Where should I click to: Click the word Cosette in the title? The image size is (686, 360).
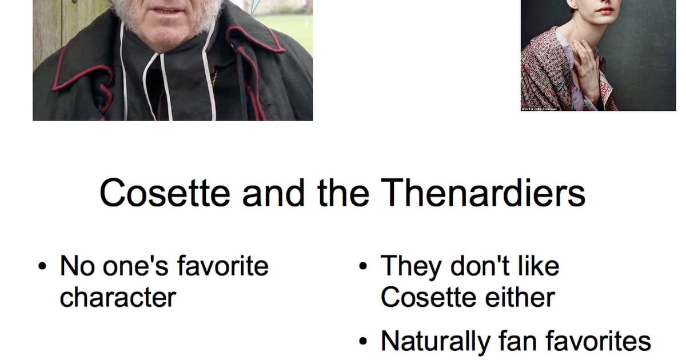coord(165,193)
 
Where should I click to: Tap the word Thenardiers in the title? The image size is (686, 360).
coord(483,193)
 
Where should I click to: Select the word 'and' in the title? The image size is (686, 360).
coord(273,193)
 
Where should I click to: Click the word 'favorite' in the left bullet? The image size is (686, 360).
coord(223,266)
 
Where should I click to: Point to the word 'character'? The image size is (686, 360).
coord(118,297)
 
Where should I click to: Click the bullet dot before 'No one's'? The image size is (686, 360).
coord(42,266)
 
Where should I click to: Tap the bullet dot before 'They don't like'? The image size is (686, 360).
coord(363,266)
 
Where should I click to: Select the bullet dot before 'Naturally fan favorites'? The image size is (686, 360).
coord(363,341)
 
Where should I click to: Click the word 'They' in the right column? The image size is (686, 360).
coord(411,267)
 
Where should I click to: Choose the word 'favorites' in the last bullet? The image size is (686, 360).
coord(598,341)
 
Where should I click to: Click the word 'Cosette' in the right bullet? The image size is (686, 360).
coord(428,297)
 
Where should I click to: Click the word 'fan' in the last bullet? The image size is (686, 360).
coord(518,341)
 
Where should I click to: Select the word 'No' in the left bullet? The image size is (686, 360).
coord(77,266)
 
